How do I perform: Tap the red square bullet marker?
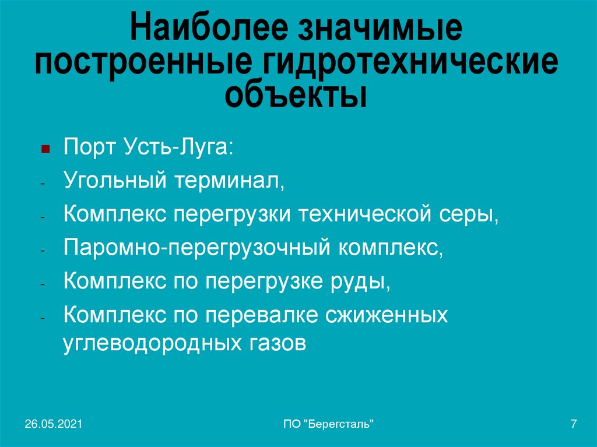44,150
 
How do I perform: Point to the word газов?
272,343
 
